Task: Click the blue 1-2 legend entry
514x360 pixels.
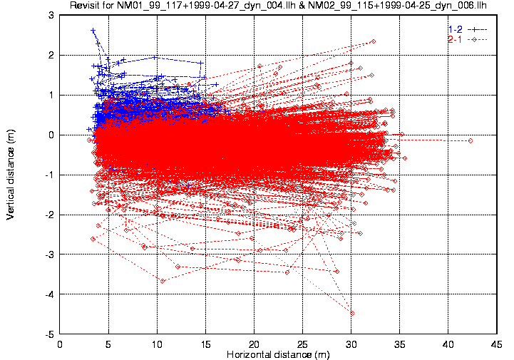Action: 454,29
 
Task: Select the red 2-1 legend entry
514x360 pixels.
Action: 454,38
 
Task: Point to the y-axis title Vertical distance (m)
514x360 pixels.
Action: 11,174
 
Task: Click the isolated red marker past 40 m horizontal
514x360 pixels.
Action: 471,140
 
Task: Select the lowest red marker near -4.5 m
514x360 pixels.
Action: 352,313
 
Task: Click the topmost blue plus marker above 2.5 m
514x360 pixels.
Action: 93,31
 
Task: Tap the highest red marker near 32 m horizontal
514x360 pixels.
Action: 373,41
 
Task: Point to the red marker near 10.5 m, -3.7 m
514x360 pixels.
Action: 163,281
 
